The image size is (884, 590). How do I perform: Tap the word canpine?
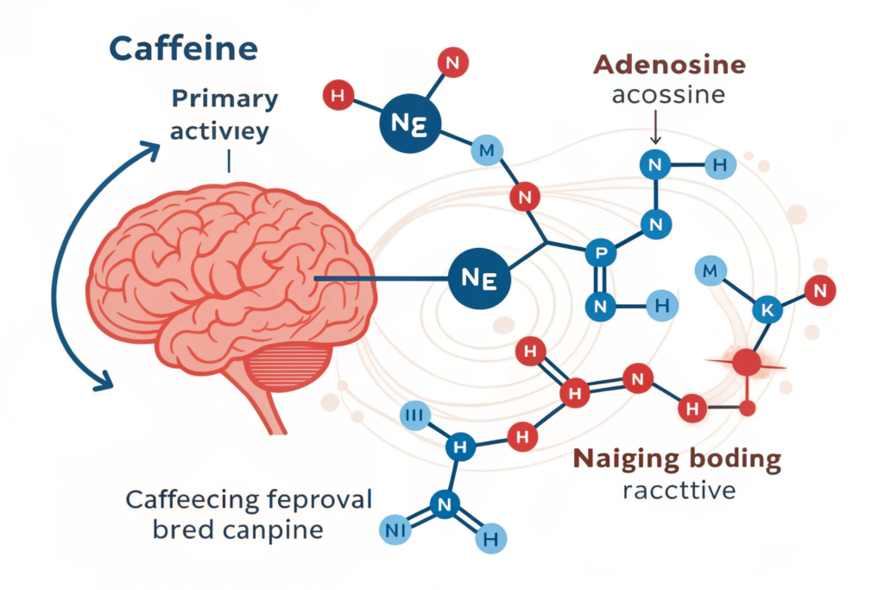coord(275,529)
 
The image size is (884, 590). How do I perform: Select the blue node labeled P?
coord(597,252)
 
